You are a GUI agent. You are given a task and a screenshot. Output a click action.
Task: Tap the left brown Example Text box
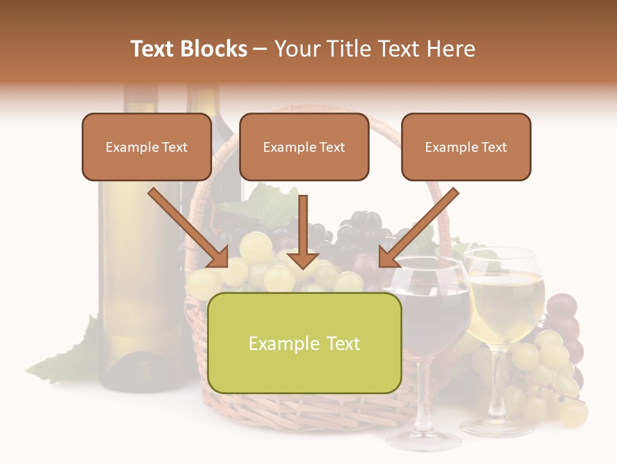point(147,147)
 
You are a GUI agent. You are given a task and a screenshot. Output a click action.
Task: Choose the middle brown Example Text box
point(304,147)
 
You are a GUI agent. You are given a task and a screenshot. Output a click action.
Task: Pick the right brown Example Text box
point(466,147)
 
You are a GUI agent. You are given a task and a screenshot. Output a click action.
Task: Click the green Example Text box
point(304,343)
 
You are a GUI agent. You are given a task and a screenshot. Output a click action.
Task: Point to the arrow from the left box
point(189,228)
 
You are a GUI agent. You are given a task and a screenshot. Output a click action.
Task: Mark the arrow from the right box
point(418,228)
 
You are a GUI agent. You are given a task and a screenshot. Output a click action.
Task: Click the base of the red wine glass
point(423,440)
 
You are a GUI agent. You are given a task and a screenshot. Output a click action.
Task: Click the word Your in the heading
point(296,49)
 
